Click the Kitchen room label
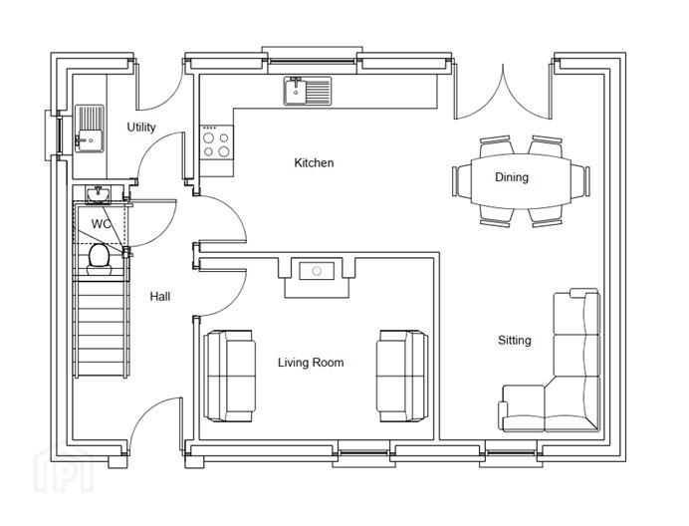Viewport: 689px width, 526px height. click(x=314, y=163)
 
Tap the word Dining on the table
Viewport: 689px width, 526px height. click(x=512, y=177)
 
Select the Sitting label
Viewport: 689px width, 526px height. click(x=514, y=341)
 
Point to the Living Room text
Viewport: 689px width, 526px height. click(x=311, y=363)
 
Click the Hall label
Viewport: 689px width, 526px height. click(x=160, y=297)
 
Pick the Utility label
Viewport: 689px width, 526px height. click(x=141, y=128)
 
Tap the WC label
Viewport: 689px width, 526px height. click(x=101, y=224)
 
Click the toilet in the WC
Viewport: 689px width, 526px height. click(x=100, y=259)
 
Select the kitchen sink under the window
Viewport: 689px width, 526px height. click(x=307, y=91)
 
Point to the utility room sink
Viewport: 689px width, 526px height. click(x=90, y=129)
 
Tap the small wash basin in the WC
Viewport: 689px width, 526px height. click(x=98, y=194)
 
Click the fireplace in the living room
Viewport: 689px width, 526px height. click(x=317, y=278)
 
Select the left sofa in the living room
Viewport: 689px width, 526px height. click(x=229, y=376)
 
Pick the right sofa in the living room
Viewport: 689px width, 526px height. click(x=402, y=376)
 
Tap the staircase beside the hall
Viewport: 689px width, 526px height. click(x=102, y=329)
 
